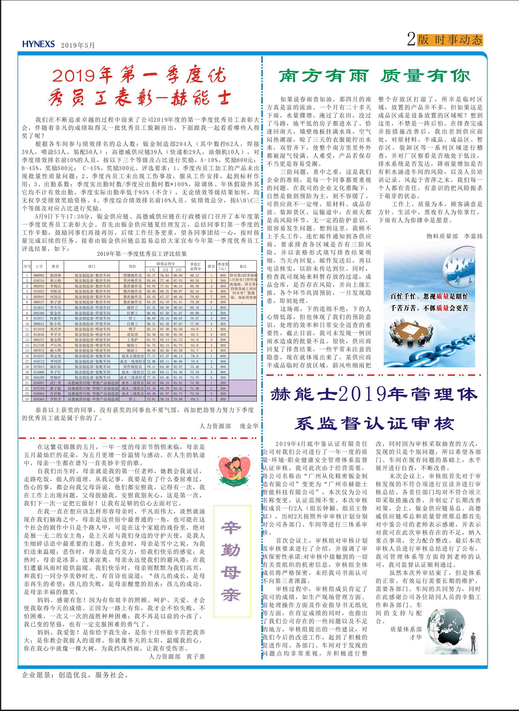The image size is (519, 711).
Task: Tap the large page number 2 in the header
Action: pos(411,40)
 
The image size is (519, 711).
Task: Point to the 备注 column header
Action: pos(243,266)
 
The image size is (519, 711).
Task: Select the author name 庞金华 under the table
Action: pos(249,426)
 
